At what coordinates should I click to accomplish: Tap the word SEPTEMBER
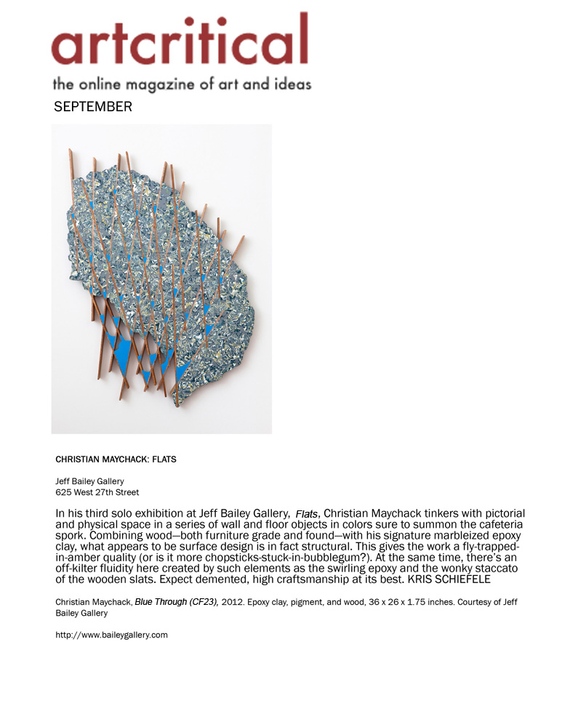[x=93, y=107]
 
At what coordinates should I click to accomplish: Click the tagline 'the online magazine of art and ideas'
[x=181, y=83]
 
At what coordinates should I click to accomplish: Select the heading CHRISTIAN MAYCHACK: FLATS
[x=116, y=459]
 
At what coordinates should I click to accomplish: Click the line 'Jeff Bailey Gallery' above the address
[x=89, y=481]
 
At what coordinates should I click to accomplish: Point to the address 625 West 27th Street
[x=97, y=492]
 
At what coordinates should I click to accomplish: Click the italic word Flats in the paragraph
[x=306, y=514]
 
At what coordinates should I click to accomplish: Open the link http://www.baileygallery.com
[x=111, y=635]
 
